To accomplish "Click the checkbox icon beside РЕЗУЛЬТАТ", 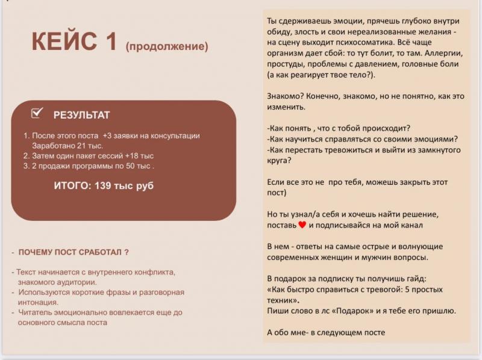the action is (37, 113).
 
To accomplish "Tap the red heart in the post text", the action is (302, 225).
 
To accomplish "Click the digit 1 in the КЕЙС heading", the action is (110, 41).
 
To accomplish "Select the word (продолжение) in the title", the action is (167, 46).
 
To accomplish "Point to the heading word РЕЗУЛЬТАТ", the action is (81, 115).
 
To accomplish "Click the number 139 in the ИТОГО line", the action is (102, 185).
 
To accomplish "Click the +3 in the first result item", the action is (107, 136).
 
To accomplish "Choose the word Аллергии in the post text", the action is (443, 53).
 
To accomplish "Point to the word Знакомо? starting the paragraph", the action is (285, 96).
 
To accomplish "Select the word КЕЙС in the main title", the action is (64, 41).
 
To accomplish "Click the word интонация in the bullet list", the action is (38, 302).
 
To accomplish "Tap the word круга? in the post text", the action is (279, 161).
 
